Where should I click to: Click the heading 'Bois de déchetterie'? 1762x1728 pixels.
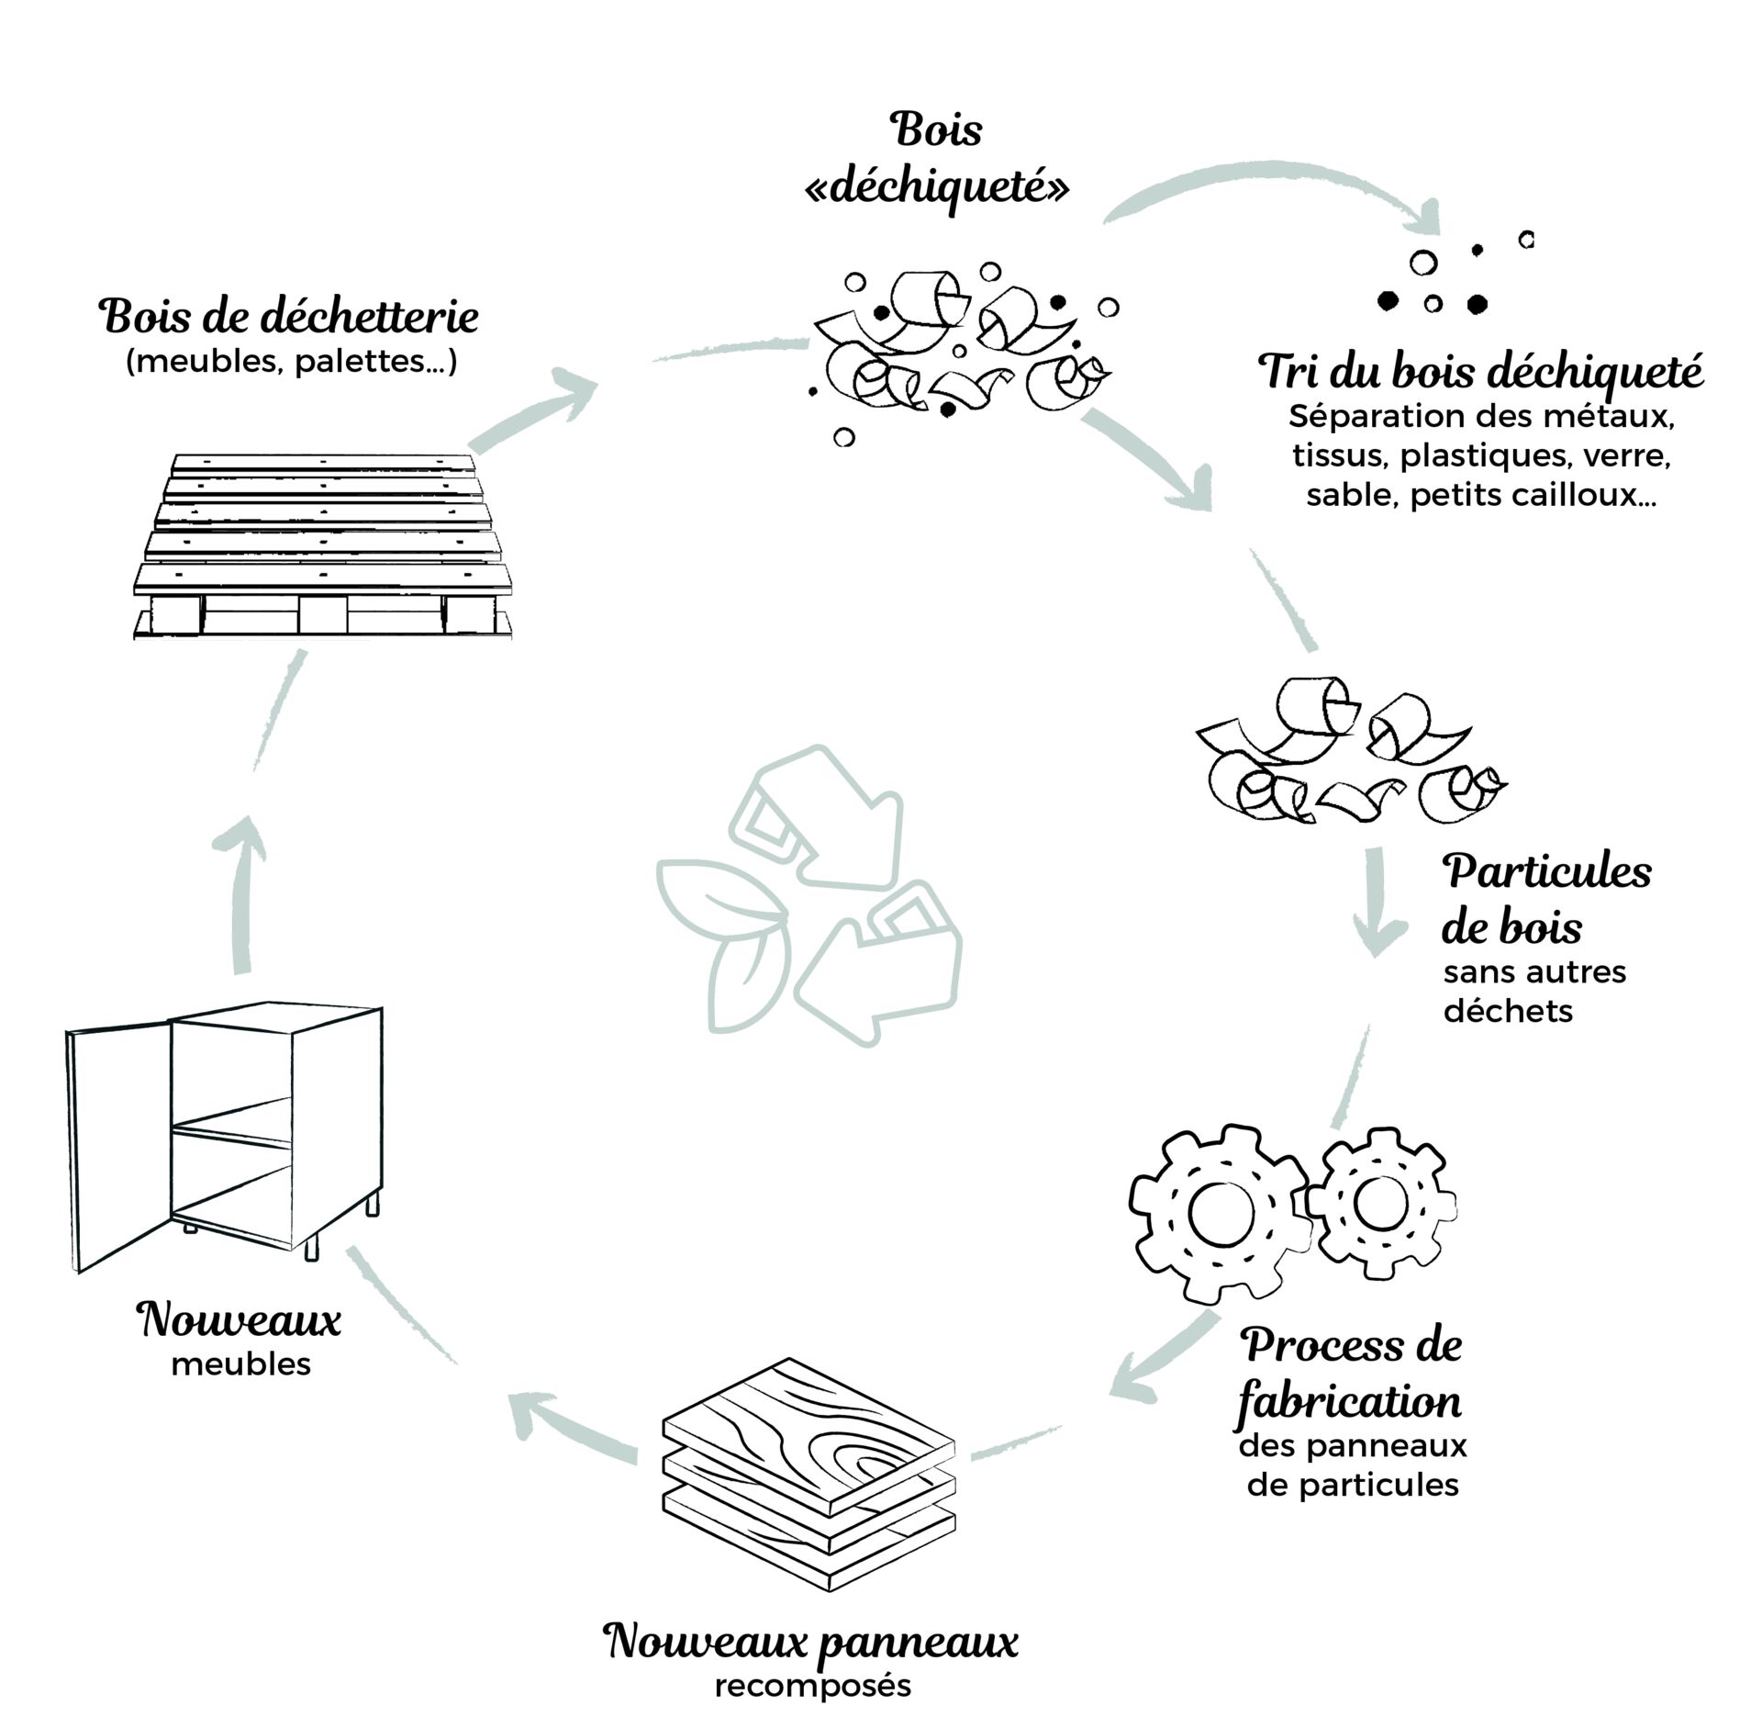pyautogui.click(x=289, y=318)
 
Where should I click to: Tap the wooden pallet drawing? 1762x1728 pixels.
pyautogui.click(x=321, y=546)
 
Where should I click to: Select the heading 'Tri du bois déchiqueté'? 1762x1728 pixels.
pyautogui.click(x=1480, y=373)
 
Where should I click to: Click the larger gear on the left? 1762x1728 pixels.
pyautogui.click(x=1219, y=1213)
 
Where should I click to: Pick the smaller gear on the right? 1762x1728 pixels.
pyautogui.click(x=1379, y=1202)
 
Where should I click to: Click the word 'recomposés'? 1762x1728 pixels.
pyautogui.click(x=812, y=1687)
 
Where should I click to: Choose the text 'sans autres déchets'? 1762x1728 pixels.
pyautogui.click(x=1533, y=992)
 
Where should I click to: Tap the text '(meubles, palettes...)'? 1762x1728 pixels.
pyautogui.click(x=291, y=362)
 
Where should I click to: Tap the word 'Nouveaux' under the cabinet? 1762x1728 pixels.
pyautogui.click(x=240, y=1320)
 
